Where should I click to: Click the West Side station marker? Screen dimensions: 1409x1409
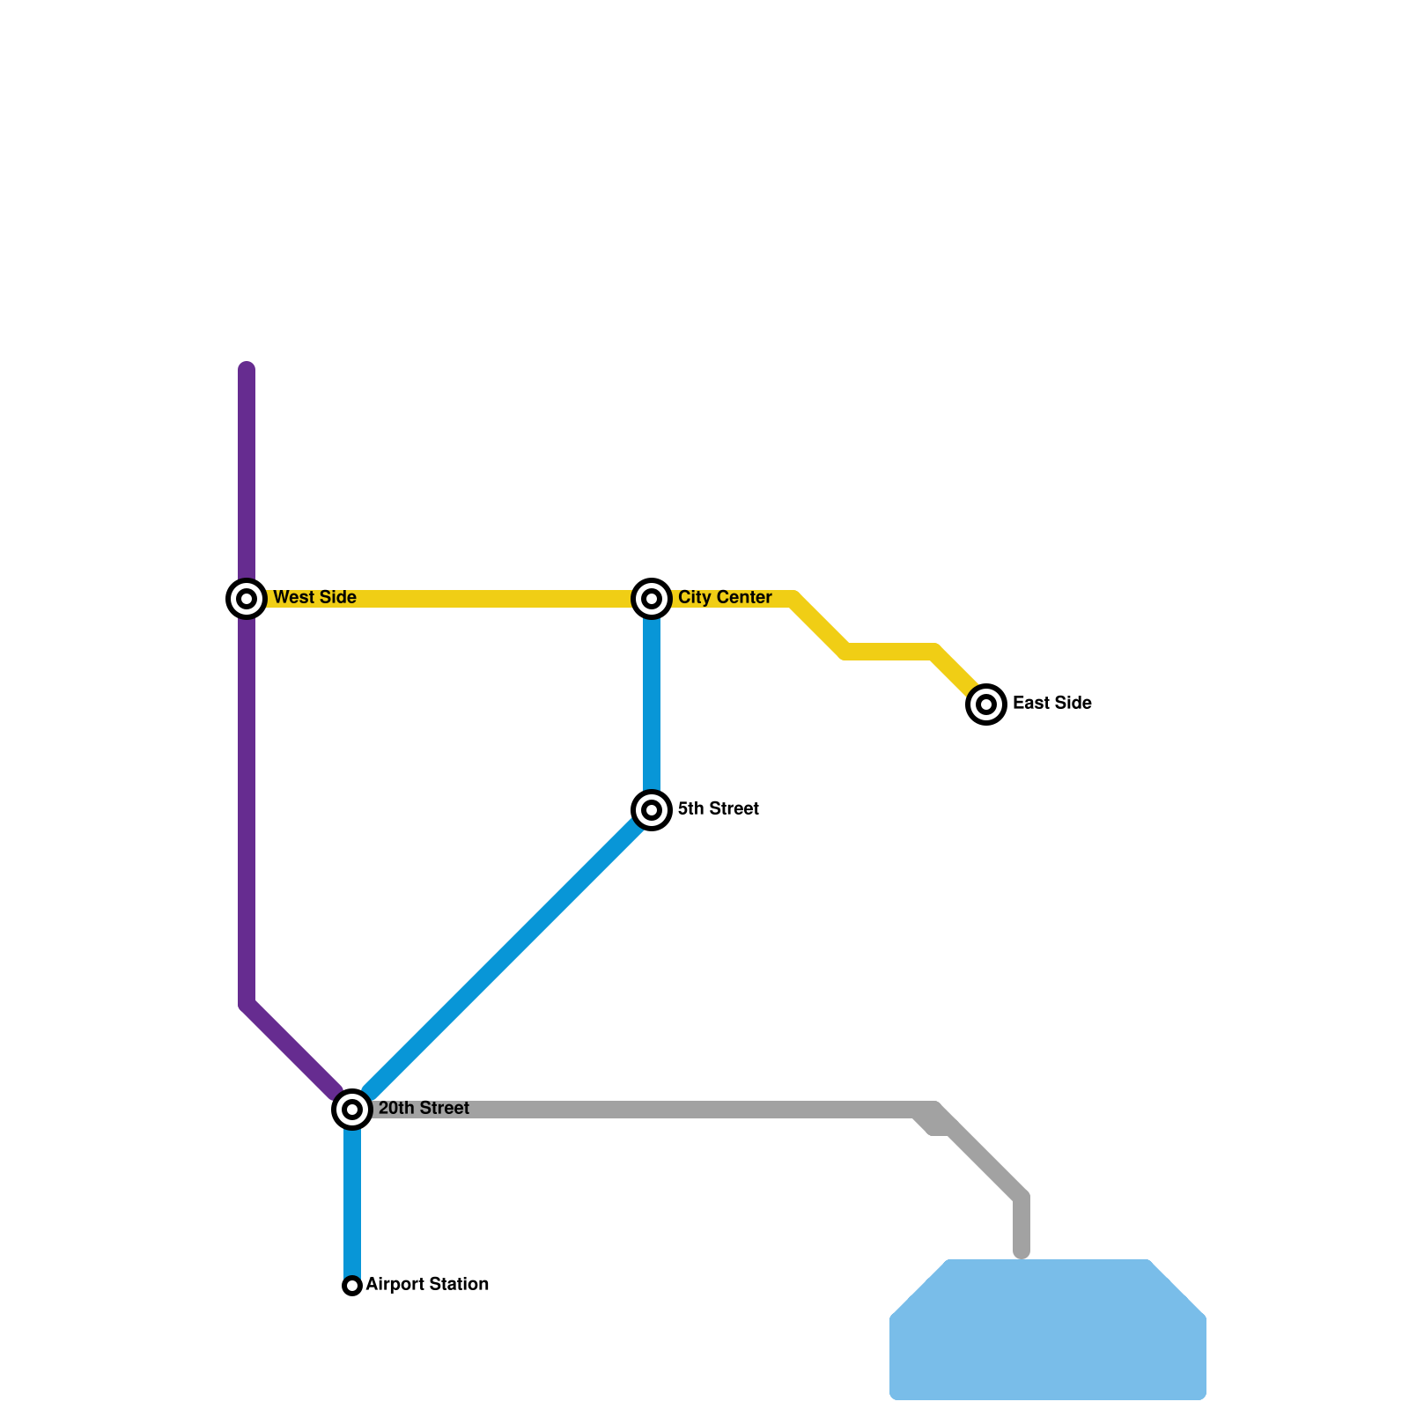tap(247, 599)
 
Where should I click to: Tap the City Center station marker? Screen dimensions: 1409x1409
tap(652, 599)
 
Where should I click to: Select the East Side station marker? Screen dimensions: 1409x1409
tap(986, 704)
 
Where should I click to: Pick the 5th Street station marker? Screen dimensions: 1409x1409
tap(652, 809)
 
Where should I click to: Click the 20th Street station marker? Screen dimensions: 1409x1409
tap(352, 1109)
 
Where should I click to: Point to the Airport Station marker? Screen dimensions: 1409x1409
tap(352, 1286)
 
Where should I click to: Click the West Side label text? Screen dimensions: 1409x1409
tap(314, 598)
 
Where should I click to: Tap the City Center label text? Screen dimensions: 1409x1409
tap(725, 598)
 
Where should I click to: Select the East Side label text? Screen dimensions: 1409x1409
tap(1052, 704)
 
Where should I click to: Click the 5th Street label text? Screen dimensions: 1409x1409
tap(719, 809)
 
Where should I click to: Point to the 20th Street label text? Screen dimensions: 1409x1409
tap(424, 1109)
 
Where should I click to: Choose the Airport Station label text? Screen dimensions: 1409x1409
tap(427, 1285)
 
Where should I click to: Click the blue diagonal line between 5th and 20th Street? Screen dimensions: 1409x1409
tap(502, 960)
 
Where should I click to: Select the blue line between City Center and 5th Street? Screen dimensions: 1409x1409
tap(652, 704)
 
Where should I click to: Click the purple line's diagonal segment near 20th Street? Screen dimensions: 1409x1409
tap(291, 1048)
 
